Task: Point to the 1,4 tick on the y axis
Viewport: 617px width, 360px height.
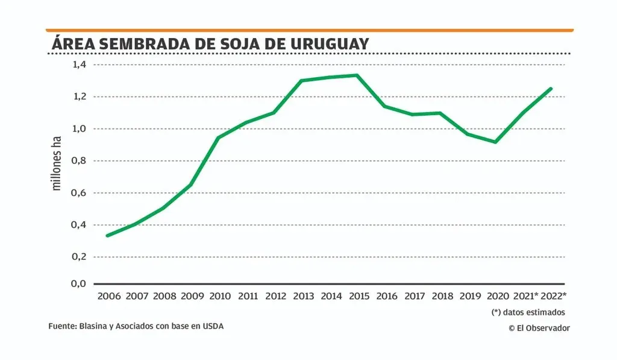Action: pos(80,65)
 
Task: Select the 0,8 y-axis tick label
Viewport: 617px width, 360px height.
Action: pos(80,160)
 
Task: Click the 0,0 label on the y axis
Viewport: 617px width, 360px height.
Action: pos(80,283)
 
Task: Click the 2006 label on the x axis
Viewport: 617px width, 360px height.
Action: pos(108,296)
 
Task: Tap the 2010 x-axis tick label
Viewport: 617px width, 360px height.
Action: pos(220,296)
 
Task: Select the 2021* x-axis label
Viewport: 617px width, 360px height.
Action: pos(525,296)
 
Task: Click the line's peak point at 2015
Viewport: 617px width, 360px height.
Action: pos(357,75)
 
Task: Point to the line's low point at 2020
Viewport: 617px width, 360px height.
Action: pos(495,142)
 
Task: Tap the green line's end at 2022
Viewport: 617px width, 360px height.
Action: pos(551,89)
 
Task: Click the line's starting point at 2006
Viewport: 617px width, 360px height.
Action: pos(107,235)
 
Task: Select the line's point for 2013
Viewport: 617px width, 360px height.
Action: pos(301,80)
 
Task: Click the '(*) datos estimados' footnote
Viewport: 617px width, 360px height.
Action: pos(528,312)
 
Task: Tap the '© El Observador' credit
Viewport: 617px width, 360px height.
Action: pos(539,327)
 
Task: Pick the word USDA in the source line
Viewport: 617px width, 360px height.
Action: pos(212,326)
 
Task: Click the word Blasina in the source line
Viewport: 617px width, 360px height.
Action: pos(93,326)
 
